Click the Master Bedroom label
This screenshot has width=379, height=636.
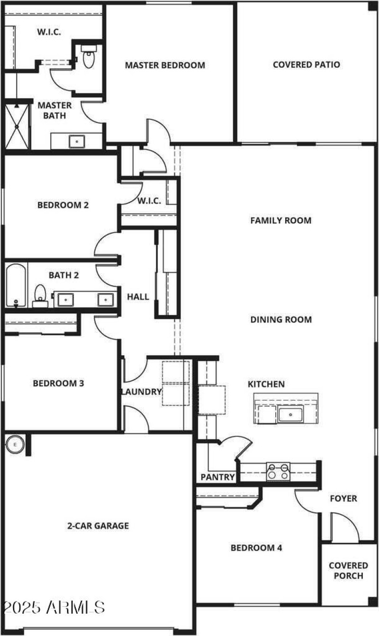tap(165, 65)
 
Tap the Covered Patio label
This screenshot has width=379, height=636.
tap(306, 65)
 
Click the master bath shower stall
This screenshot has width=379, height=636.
tap(17, 125)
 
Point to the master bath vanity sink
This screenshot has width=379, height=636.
tap(76, 141)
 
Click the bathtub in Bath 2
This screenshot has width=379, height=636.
tap(16, 286)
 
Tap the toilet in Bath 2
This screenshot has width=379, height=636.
tap(40, 295)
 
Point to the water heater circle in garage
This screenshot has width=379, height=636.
tap(15, 445)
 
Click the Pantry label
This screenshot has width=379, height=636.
tap(218, 477)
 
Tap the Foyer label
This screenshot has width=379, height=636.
tap(343, 499)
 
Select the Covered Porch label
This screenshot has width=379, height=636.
tap(348, 571)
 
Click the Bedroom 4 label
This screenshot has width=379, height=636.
tap(256, 548)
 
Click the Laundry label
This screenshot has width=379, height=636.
tap(142, 392)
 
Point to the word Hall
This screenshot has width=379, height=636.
tap(138, 297)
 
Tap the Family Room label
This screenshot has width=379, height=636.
tap(281, 220)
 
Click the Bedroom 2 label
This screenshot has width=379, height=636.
tap(63, 205)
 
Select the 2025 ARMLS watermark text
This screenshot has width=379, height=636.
tap(53, 607)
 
